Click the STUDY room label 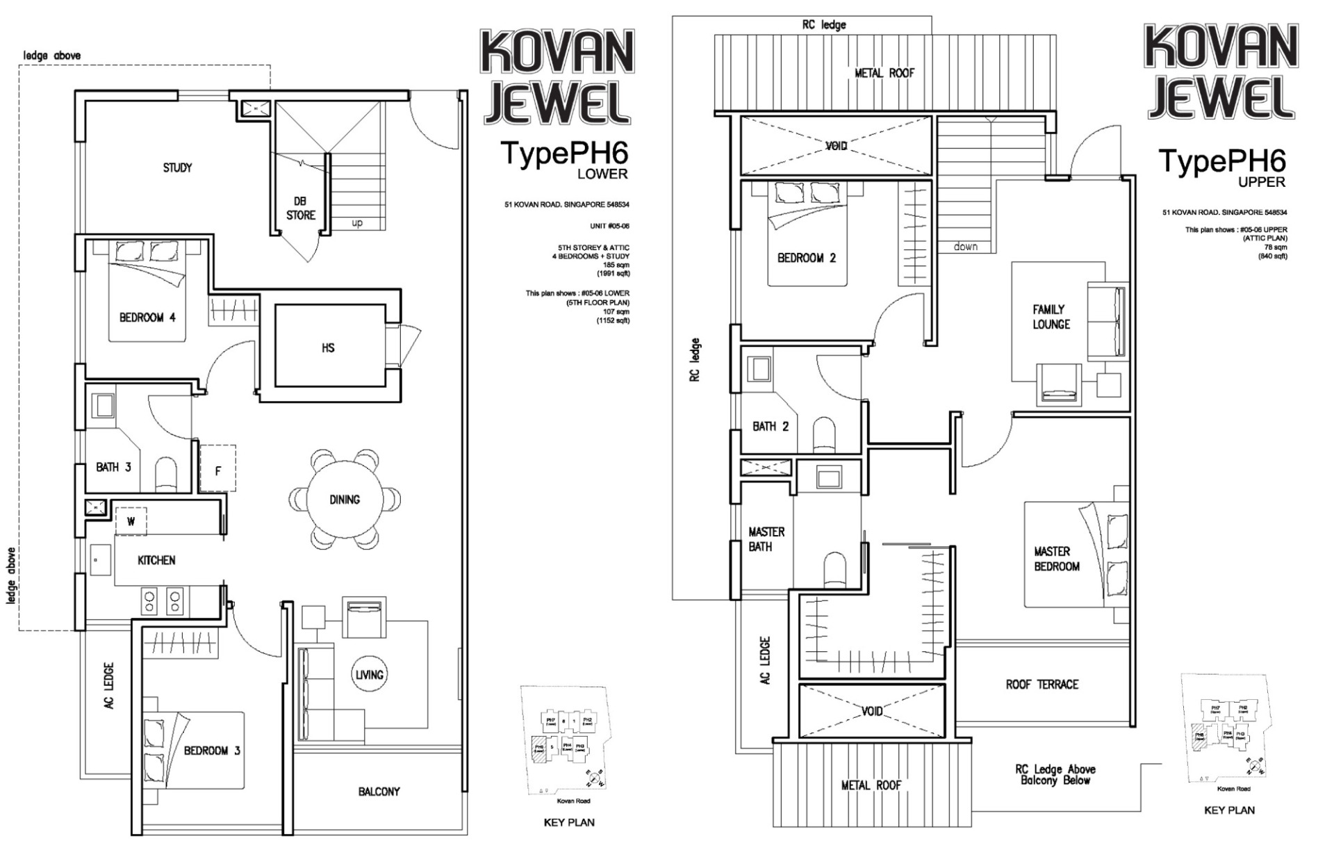(177, 167)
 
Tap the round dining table (345, 499)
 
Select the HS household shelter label (328, 347)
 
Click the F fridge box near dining (217, 470)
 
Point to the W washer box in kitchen (131, 521)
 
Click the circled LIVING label (369, 674)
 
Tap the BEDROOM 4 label (147, 318)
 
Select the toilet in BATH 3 (166, 473)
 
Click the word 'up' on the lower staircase (357, 223)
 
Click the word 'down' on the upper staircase (966, 246)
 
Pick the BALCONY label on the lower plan (379, 791)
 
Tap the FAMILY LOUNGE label (1050, 317)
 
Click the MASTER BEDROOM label (1056, 559)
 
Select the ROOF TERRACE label (1041, 685)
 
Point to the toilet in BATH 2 (825, 434)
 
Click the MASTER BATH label (766, 539)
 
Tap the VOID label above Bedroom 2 (836, 146)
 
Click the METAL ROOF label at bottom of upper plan (871, 785)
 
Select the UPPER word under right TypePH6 (1262, 182)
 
